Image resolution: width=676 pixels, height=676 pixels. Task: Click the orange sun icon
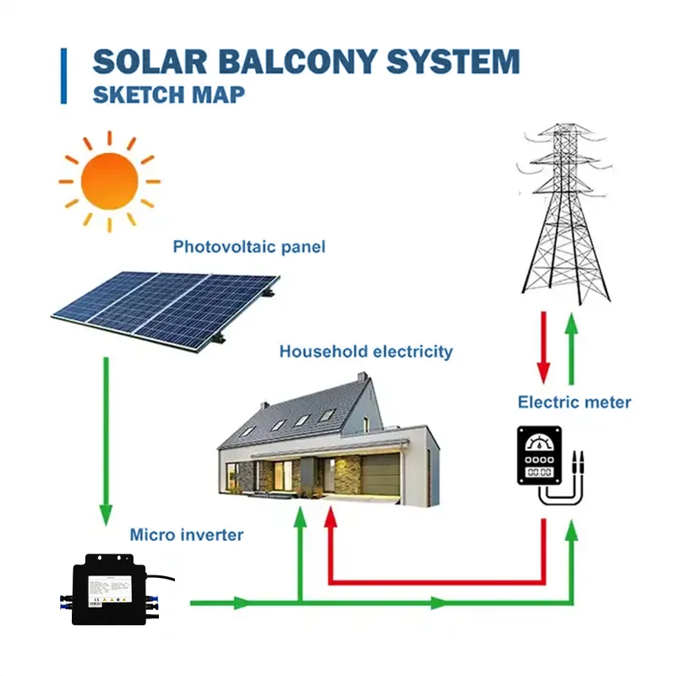coord(108,180)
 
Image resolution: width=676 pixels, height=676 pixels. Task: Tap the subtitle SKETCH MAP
coord(168,93)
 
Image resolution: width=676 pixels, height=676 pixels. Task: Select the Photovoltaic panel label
coord(248,248)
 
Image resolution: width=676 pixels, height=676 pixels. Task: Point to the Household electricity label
coord(366,352)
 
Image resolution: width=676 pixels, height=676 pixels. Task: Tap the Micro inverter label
coord(186,535)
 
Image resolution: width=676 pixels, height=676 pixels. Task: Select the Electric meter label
coord(574,402)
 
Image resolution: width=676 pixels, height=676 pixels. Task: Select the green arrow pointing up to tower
coord(572,346)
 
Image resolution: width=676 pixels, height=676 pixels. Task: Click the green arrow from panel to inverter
coord(106,439)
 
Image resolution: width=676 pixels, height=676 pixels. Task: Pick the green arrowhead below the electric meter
coord(572,531)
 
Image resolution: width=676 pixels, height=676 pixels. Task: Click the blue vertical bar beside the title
coord(63,76)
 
